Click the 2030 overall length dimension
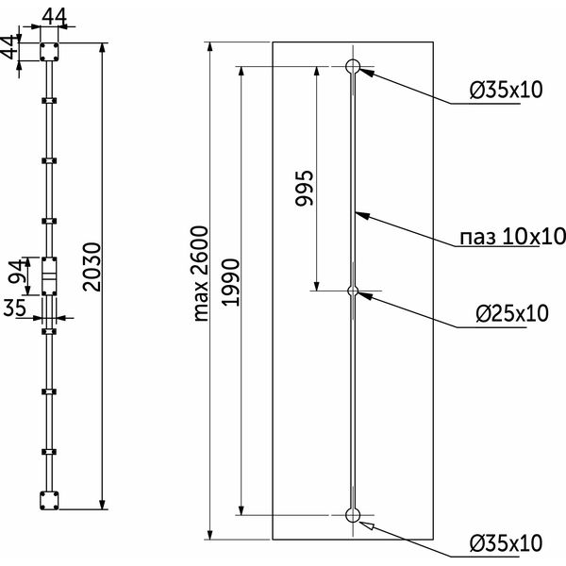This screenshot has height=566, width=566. tap(91, 267)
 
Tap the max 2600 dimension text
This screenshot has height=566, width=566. tap(200, 274)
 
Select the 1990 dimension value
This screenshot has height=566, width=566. tap(230, 282)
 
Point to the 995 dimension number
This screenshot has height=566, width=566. tap(305, 188)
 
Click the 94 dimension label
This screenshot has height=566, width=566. tap(18, 272)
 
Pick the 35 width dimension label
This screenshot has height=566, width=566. tap(15, 308)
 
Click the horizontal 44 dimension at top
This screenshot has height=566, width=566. tap(54, 17)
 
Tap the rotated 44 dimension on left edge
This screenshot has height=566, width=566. tap(9, 47)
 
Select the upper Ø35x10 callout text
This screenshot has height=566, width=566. tap(506, 90)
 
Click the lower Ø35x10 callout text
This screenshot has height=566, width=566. tap(506, 542)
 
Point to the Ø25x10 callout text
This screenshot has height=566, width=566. tap(512, 313)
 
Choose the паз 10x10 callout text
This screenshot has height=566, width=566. tap(512, 237)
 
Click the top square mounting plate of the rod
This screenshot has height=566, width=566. tap(49, 52)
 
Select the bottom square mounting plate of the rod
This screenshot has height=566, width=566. tap(49, 500)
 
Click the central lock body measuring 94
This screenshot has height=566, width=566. tap(49, 276)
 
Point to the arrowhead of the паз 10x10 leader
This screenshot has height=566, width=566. tap(362, 215)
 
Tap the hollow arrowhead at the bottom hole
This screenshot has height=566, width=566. tap(366, 524)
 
